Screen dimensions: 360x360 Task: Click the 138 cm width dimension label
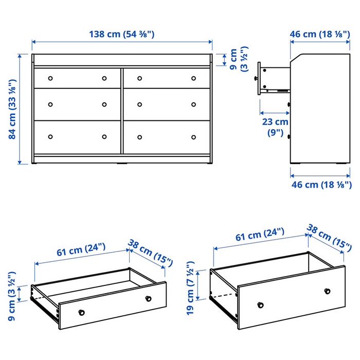122,34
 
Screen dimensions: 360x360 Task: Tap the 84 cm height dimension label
12,109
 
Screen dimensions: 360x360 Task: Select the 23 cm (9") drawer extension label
275,127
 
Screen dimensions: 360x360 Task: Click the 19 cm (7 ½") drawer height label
191,288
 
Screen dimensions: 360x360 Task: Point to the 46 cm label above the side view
320,34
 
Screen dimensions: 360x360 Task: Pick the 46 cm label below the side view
321,185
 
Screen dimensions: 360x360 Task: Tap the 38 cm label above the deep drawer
329,238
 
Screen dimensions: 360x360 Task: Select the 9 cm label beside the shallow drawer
12,296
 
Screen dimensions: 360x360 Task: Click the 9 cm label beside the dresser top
238,59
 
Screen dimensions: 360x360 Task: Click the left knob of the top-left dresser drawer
50,78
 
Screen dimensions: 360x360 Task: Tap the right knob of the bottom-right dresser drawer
193,137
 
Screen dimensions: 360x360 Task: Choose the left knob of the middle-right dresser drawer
139,104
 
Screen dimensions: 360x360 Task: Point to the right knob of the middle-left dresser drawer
104,104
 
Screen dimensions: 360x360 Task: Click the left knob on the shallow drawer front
81,313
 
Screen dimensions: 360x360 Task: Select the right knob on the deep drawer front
327,292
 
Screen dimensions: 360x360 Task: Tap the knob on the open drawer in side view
256,78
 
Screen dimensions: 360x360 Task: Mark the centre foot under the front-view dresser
122,164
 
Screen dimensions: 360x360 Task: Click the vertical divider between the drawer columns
122,111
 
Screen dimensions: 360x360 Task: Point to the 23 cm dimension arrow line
275,113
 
